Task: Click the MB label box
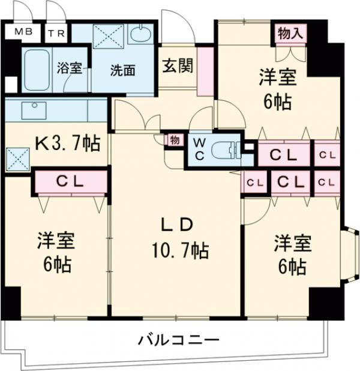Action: click(19, 32)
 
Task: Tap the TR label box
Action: click(57, 32)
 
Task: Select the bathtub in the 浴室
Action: click(38, 68)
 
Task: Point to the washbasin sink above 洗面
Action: click(142, 34)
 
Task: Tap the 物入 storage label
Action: click(289, 33)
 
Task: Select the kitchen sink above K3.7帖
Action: click(34, 110)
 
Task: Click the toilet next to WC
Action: click(226, 149)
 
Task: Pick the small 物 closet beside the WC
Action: click(174, 140)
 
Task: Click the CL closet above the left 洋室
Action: click(70, 181)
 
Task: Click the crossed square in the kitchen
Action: click(15, 159)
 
